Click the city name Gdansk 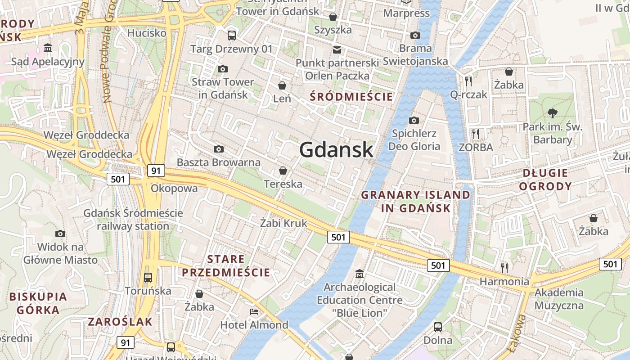pyautogui.click(x=336, y=150)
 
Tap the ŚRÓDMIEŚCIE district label pyautogui.click(x=351, y=96)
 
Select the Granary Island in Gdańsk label pyautogui.click(x=416, y=201)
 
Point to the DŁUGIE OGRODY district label pyautogui.click(x=545, y=179)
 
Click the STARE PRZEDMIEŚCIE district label pyautogui.click(x=226, y=266)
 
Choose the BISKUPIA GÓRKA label pyautogui.click(x=38, y=303)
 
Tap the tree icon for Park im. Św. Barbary pyautogui.click(x=552, y=113)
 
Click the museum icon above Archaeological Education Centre pyautogui.click(x=360, y=274)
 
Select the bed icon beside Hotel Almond pyautogui.click(x=254, y=311)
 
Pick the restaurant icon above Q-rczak pyautogui.click(x=468, y=81)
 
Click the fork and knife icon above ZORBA pyautogui.click(x=476, y=134)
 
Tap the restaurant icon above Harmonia pyautogui.click(x=504, y=268)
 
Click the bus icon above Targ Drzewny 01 pyautogui.click(x=232, y=35)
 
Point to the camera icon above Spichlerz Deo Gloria pyautogui.click(x=414, y=120)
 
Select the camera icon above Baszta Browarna pyautogui.click(x=219, y=149)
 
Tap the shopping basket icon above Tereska pyautogui.click(x=283, y=171)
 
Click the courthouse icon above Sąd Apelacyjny pyautogui.click(x=48, y=48)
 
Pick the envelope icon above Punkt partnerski pyautogui.click(x=337, y=49)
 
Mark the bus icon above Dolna pyautogui.click(x=438, y=327)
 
